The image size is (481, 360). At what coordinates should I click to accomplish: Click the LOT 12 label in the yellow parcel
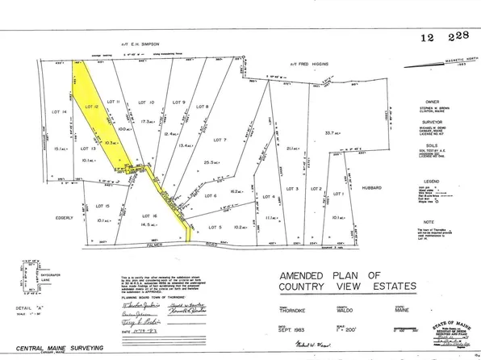pos(90,106)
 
